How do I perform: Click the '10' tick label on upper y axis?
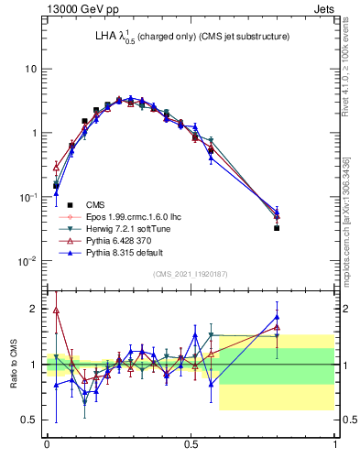click(x=31, y=69)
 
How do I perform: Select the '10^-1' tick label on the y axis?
click(x=27, y=196)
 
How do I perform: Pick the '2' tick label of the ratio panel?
click(x=35, y=309)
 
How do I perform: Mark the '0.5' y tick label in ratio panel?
click(x=29, y=420)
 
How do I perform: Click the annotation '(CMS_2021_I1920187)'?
click(x=191, y=273)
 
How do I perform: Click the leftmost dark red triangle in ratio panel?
click(x=56, y=310)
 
